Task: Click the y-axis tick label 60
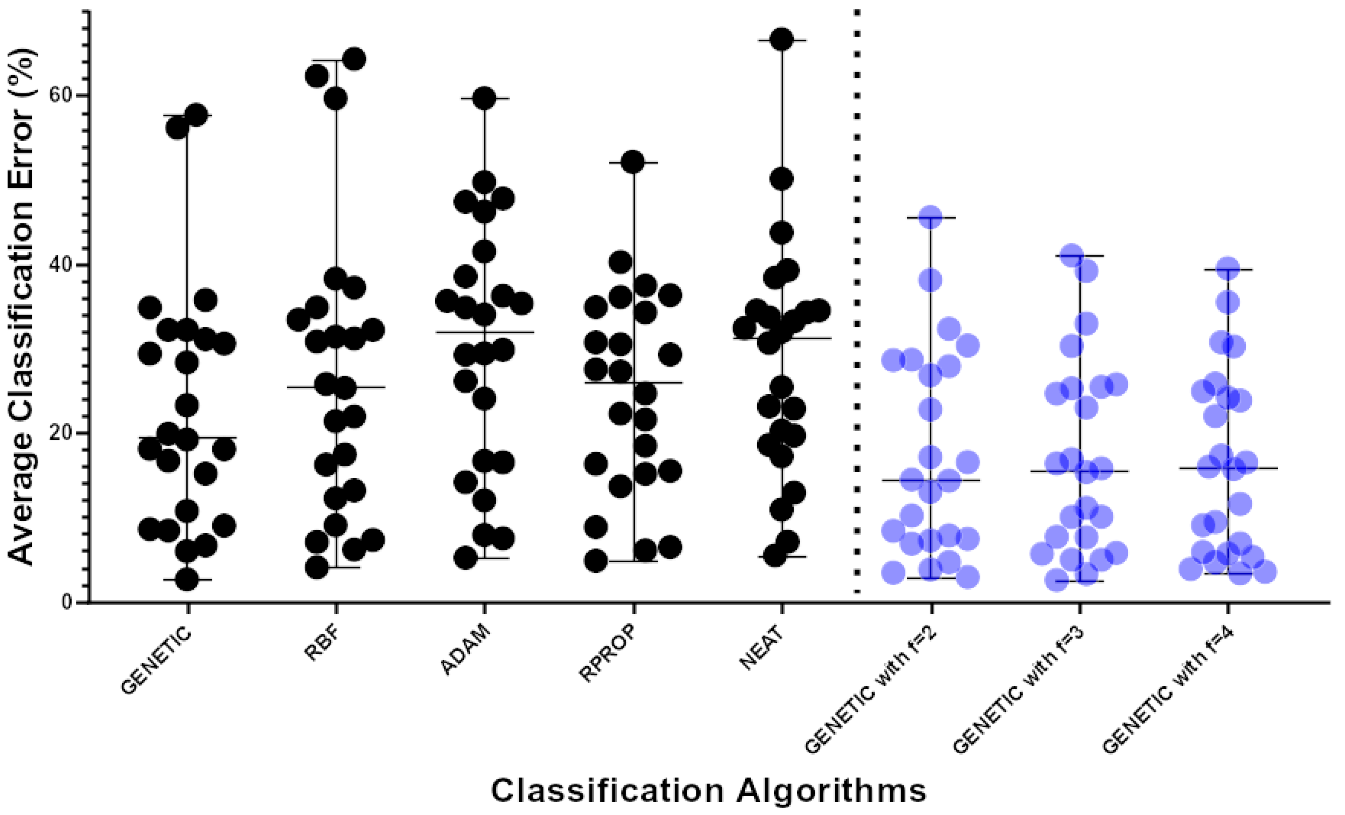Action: [x=62, y=95]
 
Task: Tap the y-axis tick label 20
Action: [x=62, y=433]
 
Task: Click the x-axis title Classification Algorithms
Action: [x=709, y=790]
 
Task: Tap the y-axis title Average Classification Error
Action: [x=22, y=307]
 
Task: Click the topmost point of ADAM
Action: [x=484, y=98]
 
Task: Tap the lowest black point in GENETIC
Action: [x=187, y=580]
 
